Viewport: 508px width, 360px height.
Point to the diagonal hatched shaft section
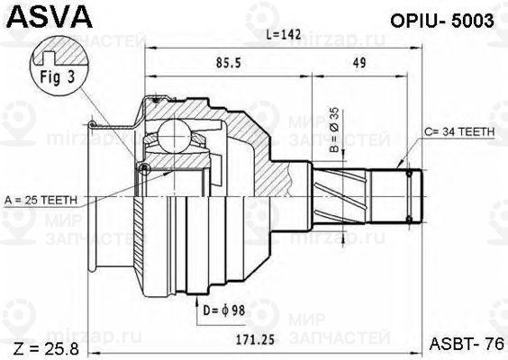(x=346, y=194)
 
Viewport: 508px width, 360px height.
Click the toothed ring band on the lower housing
(x=140, y=252)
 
